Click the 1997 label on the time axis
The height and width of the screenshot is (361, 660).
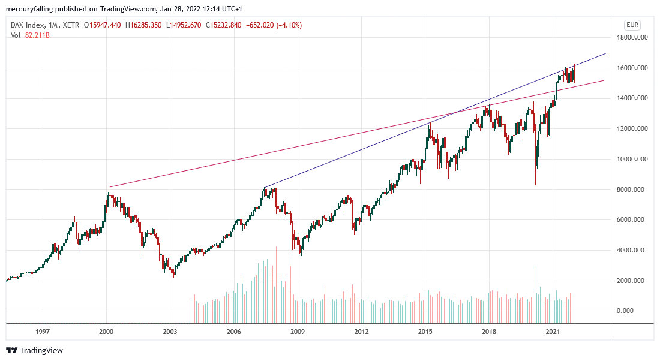(42, 331)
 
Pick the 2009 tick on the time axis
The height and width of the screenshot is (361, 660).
(297, 331)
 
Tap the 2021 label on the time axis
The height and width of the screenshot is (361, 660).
(553, 331)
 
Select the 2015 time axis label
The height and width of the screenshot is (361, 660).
(425, 331)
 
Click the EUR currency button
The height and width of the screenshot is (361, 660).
(632, 25)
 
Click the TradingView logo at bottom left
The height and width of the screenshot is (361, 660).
(34, 350)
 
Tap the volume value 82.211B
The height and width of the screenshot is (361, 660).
(37, 35)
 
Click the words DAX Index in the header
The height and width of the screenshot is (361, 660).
(28, 25)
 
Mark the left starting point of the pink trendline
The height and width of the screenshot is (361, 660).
(109, 187)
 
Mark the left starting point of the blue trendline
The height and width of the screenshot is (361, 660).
(264, 187)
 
